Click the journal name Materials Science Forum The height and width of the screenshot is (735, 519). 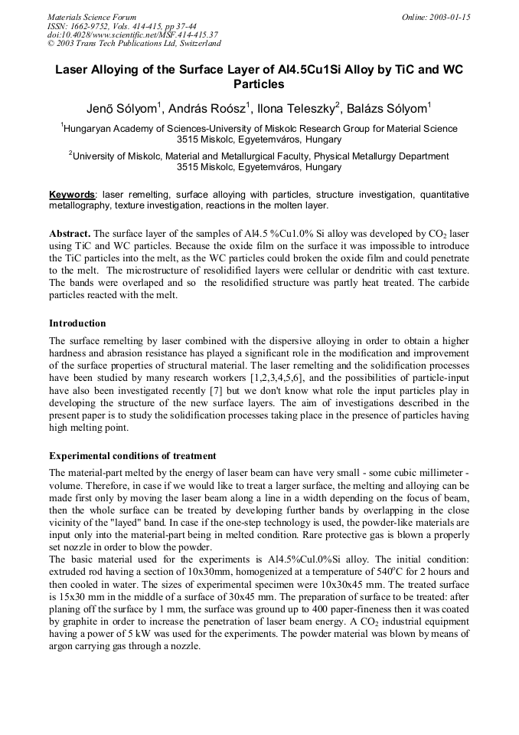tap(92, 17)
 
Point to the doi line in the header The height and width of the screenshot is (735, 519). tap(132, 34)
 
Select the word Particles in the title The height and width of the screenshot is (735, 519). tap(259, 84)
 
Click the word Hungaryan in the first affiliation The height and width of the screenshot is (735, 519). tap(89, 130)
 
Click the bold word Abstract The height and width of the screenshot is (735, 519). tap(70, 232)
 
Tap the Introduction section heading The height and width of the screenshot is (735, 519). tap(77, 323)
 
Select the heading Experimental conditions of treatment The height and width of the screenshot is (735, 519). tap(132, 456)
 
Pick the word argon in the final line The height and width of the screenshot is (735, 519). tap(62, 646)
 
